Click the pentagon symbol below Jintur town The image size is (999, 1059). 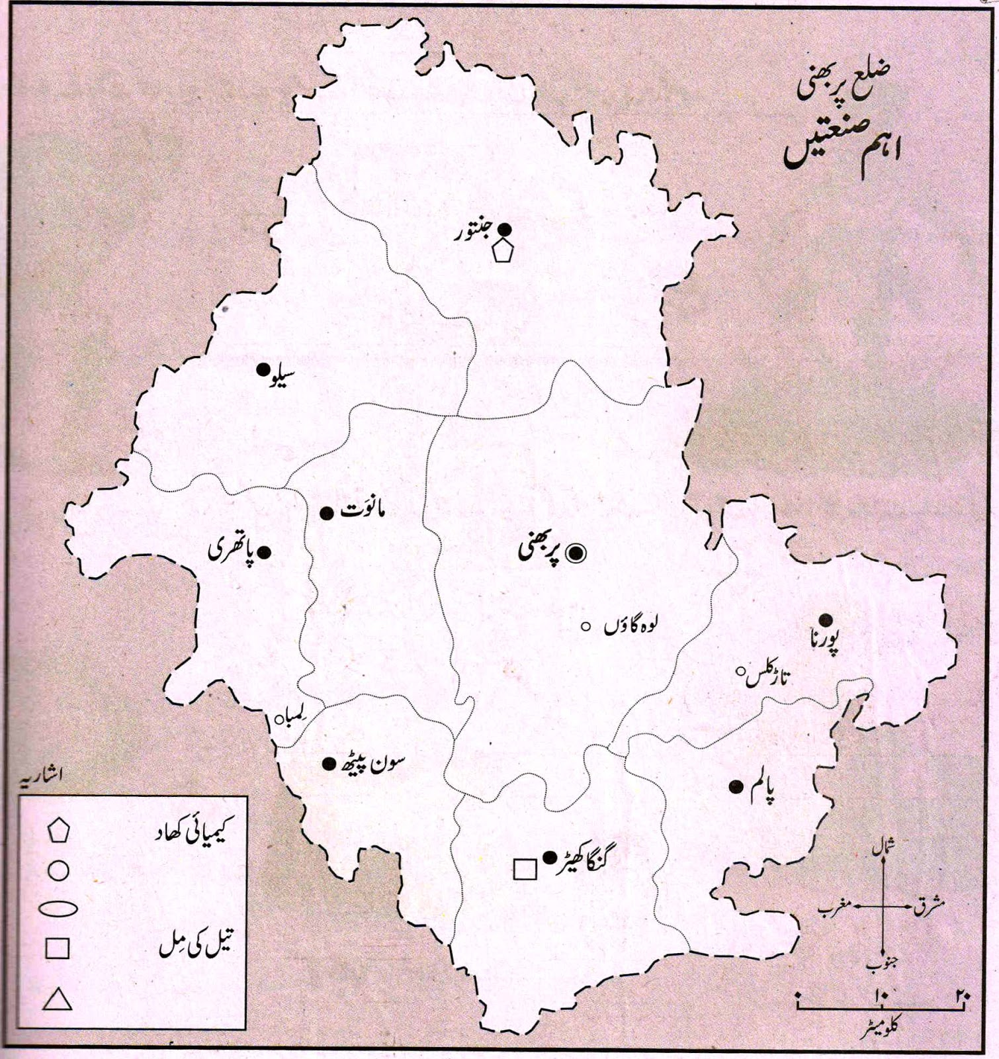click(503, 252)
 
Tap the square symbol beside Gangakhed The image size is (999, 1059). click(525, 868)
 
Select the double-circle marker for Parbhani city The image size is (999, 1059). click(576, 552)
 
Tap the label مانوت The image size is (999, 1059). click(362, 511)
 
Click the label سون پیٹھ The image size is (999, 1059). click(374, 764)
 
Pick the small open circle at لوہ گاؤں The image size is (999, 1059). click(586, 626)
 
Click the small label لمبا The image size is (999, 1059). click(295, 717)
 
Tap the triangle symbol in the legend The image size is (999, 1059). click(58, 999)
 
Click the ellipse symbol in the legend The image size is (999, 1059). click(58, 909)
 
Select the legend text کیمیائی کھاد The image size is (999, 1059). click(193, 830)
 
